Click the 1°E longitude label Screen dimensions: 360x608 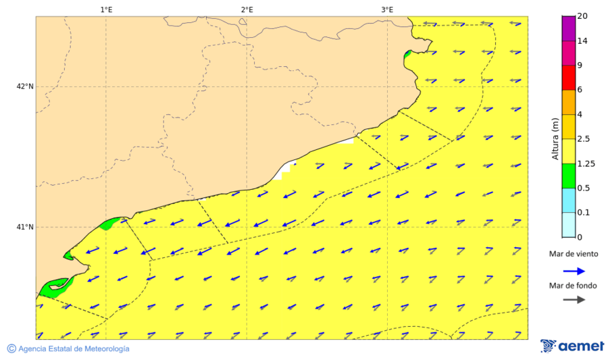click(106, 9)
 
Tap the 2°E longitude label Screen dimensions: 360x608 click(247, 9)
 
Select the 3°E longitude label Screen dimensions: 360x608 click(387, 9)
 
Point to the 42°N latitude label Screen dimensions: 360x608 click(25, 86)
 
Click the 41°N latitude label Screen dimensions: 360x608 click(25, 227)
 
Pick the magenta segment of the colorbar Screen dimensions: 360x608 click(568, 53)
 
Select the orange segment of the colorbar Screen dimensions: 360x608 click(568, 102)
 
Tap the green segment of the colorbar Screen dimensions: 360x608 click(568, 176)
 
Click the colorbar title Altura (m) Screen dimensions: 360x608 click(555, 138)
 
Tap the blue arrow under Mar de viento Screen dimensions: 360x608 click(573, 271)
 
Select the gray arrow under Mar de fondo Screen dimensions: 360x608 click(573, 300)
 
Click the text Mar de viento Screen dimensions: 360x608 click(573, 254)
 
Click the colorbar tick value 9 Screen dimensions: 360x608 click(580, 66)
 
